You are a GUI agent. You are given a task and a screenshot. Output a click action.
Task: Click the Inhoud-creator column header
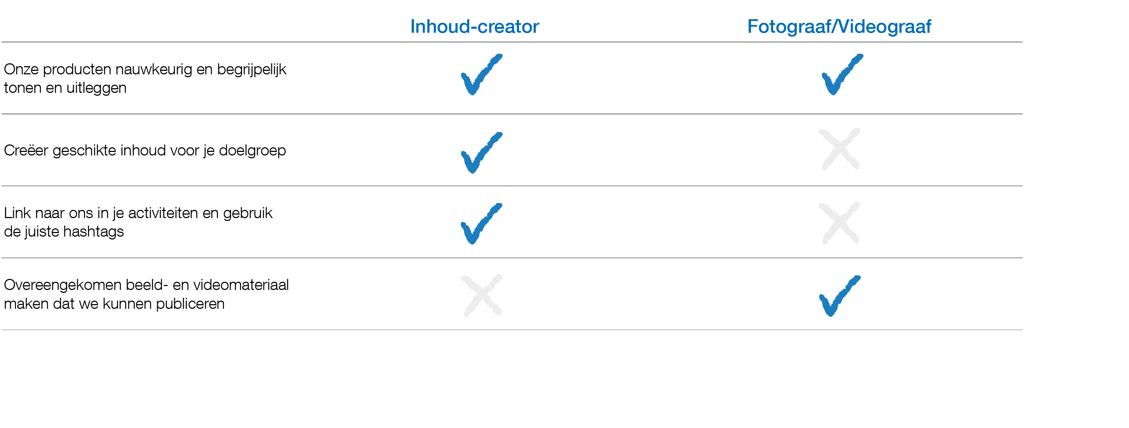point(474,27)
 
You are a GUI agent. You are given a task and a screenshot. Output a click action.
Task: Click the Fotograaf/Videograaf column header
point(839,27)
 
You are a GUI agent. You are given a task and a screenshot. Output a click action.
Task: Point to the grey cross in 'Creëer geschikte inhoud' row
point(839,149)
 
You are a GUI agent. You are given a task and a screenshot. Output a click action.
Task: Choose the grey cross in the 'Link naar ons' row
point(839,223)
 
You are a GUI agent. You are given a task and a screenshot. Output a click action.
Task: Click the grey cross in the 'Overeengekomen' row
point(481,295)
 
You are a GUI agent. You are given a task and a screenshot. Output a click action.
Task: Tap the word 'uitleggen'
point(96,89)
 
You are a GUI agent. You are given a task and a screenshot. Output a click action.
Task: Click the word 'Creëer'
point(26,150)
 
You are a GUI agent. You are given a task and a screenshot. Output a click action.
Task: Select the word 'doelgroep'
point(252,151)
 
